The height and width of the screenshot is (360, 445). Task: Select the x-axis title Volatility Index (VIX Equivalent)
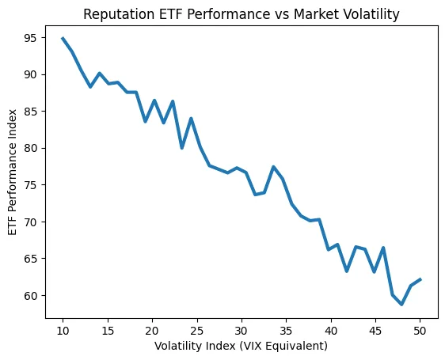pyautogui.click(x=241, y=346)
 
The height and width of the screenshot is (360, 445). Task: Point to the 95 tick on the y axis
pyautogui.click(x=31, y=38)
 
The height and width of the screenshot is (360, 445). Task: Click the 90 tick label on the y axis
pyautogui.click(x=31, y=74)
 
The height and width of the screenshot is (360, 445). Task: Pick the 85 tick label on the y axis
pyautogui.click(x=31, y=112)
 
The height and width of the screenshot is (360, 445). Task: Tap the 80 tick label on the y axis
pyautogui.click(x=31, y=148)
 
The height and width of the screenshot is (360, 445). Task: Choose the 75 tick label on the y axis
pyautogui.click(x=31, y=185)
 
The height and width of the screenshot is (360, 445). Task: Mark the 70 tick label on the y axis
pyautogui.click(x=31, y=222)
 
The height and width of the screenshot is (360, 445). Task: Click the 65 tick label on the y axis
pyautogui.click(x=31, y=259)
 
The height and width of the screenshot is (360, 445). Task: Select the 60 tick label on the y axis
pyautogui.click(x=31, y=295)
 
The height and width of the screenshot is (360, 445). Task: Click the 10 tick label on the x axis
pyautogui.click(x=63, y=330)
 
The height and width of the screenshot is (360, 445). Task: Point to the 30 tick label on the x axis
pyautogui.click(x=242, y=330)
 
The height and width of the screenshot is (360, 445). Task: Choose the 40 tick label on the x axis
pyautogui.click(x=330, y=330)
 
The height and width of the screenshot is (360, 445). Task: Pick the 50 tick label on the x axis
pyautogui.click(x=420, y=330)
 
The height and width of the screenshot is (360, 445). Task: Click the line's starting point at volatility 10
pyautogui.click(x=63, y=38)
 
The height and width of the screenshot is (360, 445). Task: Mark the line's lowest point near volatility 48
pyautogui.click(x=401, y=305)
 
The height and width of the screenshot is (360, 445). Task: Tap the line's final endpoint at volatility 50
pyautogui.click(x=420, y=279)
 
